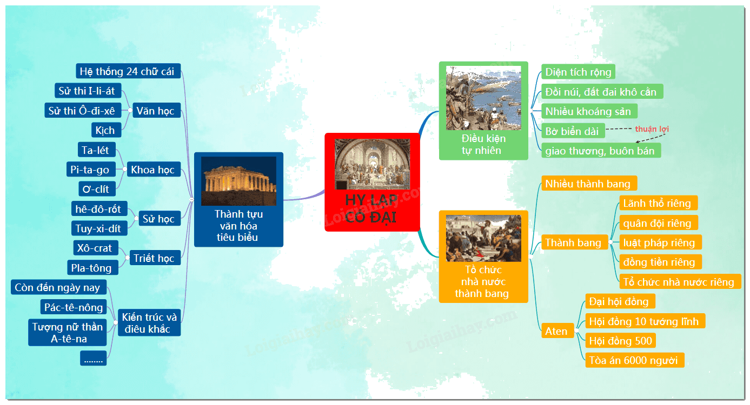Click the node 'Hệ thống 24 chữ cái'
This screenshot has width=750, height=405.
coord(128,71)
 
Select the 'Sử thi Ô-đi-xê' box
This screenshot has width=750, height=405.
coord(83,110)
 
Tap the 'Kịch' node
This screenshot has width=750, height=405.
coord(106,130)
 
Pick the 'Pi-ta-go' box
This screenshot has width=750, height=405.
coord(91,170)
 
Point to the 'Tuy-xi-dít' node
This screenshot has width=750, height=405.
coord(99,228)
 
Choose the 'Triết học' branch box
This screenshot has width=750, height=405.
coord(155,258)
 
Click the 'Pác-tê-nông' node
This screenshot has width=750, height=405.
coord(74,307)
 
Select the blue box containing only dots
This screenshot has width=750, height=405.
coord(94,358)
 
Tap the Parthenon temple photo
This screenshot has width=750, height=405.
coord(238,181)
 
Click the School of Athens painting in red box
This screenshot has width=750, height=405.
coord(372,164)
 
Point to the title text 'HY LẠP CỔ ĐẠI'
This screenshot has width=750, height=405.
coord(371,208)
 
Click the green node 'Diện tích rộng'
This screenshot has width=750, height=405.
coord(578,72)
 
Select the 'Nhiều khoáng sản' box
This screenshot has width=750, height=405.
coord(589,111)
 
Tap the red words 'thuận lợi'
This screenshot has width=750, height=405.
coord(652,129)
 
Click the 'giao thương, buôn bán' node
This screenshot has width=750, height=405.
coord(601,151)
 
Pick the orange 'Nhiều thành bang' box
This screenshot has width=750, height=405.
coord(589,183)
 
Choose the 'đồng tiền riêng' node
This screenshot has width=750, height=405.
coord(660,262)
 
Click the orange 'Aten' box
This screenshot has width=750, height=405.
coord(557,331)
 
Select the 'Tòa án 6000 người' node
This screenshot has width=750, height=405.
coord(634,360)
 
